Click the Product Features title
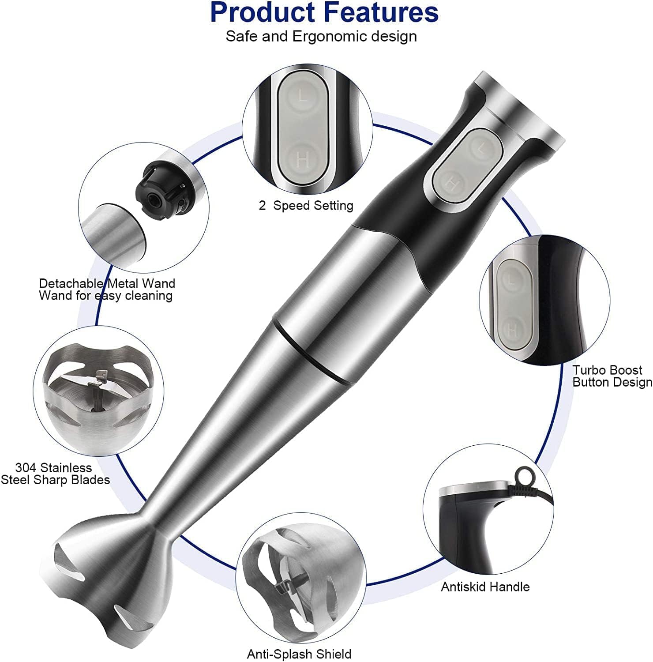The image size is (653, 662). click(324, 12)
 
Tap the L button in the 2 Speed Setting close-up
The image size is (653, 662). click(303, 96)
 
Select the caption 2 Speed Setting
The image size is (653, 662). click(306, 206)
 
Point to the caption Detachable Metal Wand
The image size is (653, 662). click(107, 283)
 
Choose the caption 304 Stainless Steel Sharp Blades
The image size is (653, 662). click(56, 474)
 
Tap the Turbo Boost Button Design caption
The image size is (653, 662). click(612, 376)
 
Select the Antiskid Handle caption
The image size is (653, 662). click(485, 587)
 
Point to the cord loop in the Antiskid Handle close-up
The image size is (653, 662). click(524, 475)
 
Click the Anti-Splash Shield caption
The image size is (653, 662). click(299, 654)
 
